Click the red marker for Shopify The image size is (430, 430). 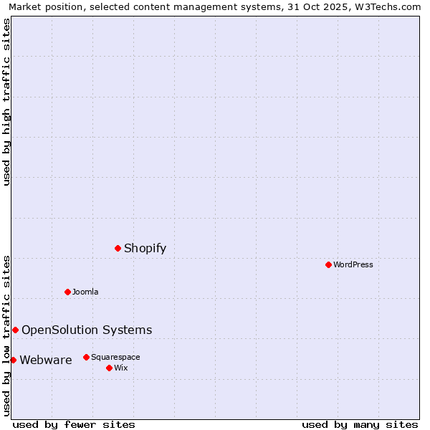tap(118, 248)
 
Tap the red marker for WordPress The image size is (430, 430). tap(328, 264)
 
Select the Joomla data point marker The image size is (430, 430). tap(68, 292)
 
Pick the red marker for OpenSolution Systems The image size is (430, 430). tap(15, 330)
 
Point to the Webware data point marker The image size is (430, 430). tap(13, 360)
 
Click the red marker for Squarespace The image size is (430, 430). tap(86, 357)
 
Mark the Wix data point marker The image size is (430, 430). tap(109, 368)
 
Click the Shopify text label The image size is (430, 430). tap(145, 249)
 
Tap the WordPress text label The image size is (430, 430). tap(353, 264)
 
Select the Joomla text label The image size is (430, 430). tap(85, 292)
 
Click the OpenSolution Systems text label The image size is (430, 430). tap(87, 330)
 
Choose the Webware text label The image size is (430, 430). tap(46, 360)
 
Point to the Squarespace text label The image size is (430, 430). tap(115, 357)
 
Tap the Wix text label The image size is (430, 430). tap(120, 368)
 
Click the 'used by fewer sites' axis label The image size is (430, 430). tap(74, 424)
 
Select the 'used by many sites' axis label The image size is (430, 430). tap(360, 424)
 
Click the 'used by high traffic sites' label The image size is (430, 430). tap(6, 102)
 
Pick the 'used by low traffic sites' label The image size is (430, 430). tap(6, 335)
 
